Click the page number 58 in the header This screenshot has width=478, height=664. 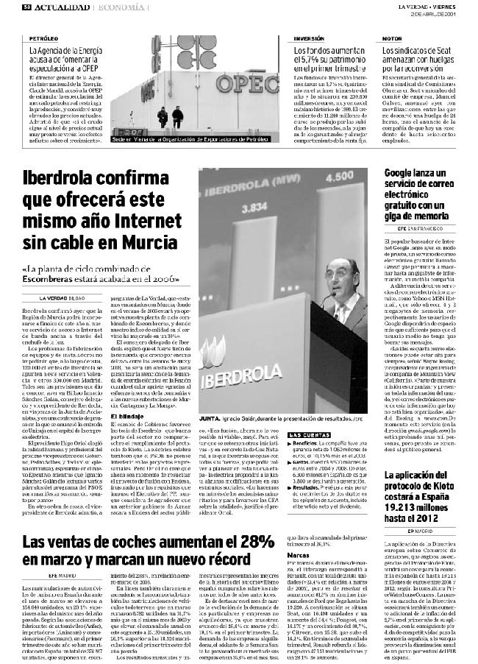click(x=26, y=7)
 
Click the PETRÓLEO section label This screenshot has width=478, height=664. click(x=43, y=38)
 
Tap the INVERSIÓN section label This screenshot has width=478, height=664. click(x=309, y=38)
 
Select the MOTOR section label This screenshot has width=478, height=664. click(x=392, y=38)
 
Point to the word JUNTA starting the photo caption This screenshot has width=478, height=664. click(x=210, y=417)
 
